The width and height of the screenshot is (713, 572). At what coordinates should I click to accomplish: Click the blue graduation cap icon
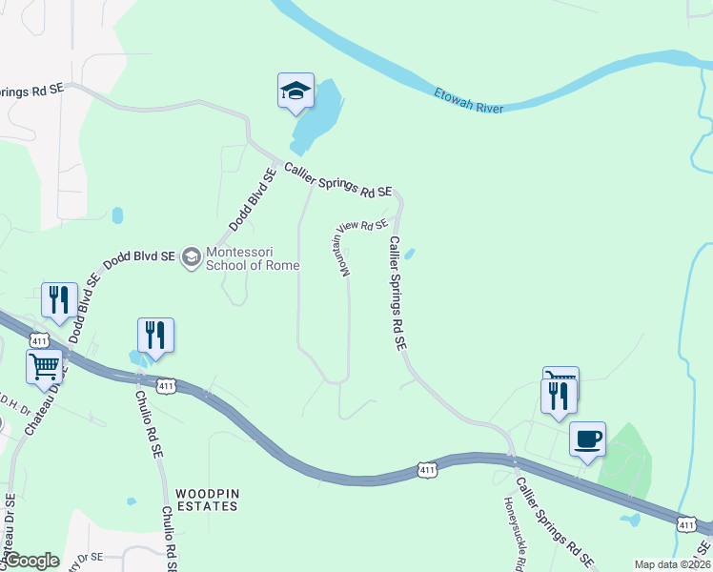tap(295, 92)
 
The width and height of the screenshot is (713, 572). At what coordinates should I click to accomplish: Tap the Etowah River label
tap(468, 101)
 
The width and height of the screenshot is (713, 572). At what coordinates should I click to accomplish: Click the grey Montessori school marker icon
tap(192, 256)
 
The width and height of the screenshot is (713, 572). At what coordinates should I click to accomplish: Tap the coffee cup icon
tap(587, 439)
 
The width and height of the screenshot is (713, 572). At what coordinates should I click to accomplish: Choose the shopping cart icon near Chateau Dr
tap(45, 367)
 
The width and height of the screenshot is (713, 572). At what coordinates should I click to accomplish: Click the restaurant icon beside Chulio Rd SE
tap(155, 335)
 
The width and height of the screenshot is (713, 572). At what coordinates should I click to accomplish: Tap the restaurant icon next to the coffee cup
tap(559, 395)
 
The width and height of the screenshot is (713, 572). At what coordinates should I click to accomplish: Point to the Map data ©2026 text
tap(671, 564)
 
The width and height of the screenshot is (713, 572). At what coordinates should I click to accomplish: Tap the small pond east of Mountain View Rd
tap(410, 255)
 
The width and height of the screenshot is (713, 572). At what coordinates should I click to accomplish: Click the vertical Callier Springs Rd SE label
tap(397, 293)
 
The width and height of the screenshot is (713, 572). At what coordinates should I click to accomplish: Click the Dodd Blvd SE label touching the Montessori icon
tap(141, 256)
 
